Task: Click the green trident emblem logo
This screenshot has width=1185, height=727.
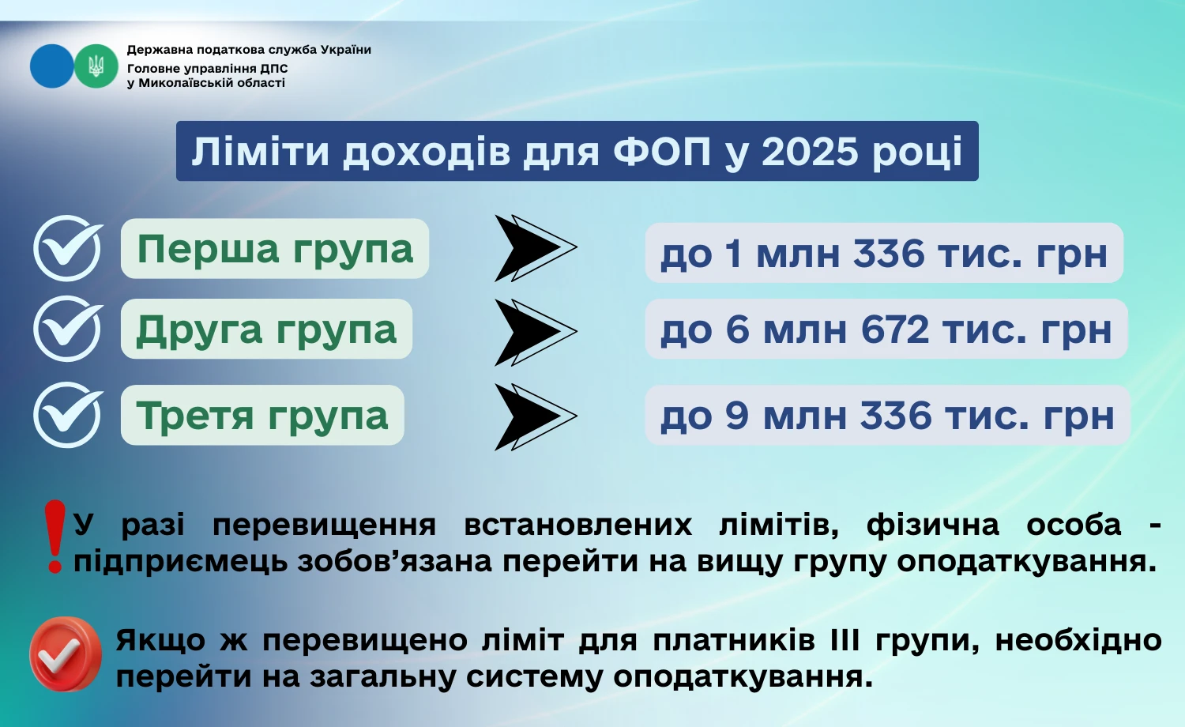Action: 96,66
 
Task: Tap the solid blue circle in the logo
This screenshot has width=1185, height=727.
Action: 51,66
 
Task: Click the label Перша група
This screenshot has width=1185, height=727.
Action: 275,249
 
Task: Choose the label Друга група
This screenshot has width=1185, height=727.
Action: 266,330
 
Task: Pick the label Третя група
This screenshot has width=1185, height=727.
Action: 262,416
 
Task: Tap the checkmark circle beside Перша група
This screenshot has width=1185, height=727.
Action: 68,248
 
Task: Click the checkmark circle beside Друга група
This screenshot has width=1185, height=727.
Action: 68,329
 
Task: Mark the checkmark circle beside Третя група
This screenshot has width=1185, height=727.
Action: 68,415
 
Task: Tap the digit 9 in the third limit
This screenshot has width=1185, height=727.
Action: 736,416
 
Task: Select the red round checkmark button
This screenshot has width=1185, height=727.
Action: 66,654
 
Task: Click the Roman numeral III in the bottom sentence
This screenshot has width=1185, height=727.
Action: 845,640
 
